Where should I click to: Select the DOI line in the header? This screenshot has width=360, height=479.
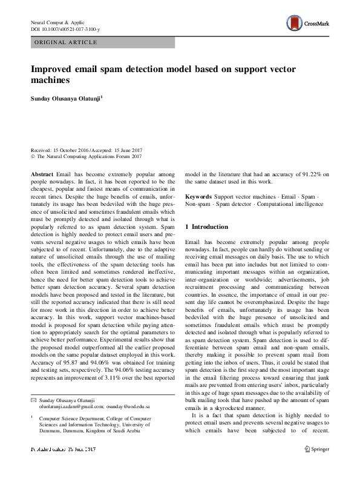[x=65, y=28]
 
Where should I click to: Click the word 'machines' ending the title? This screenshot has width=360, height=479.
[x=51, y=79]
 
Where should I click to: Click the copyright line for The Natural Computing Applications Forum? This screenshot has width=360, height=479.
[x=86, y=156]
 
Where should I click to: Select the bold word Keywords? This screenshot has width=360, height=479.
[x=198, y=197]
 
